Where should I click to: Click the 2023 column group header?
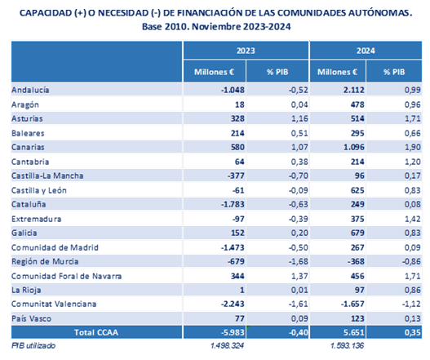tap(246, 51)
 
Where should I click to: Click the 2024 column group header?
tap(366, 51)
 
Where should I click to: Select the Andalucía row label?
tap(30, 90)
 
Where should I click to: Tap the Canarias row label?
tap(28, 147)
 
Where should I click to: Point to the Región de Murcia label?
tap(45, 261)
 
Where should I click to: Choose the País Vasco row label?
tap(31, 318)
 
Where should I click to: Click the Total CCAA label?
tap(96, 332)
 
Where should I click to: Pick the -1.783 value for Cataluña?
tap(233, 204)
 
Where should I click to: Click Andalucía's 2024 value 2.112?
tap(354, 90)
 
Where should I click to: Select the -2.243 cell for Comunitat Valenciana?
tap(233, 304)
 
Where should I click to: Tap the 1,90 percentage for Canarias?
tap(412, 147)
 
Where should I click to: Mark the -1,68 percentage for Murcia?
tap(298, 261)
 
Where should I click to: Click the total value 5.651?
tap(354, 332)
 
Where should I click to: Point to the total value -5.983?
tap(233, 332)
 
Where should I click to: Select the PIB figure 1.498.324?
tap(227, 345)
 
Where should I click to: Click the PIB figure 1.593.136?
tap(347, 345)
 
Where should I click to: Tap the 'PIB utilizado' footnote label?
tap(33, 345)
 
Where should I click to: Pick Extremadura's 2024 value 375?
tap(357, 219)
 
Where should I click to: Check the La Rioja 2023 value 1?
tap(242, 290)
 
